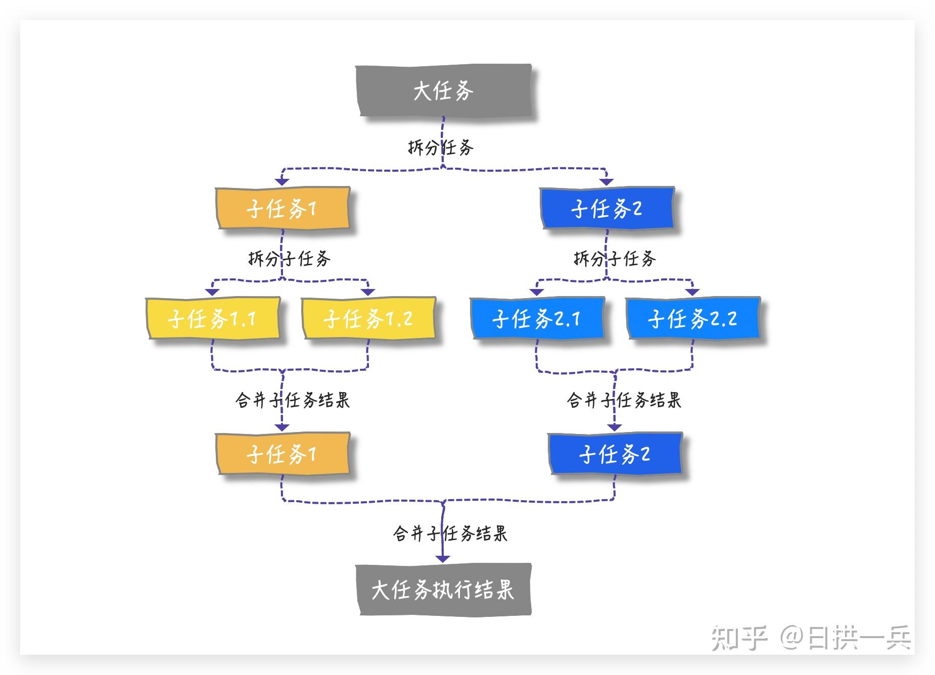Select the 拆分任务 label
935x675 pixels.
click(x=440, y=148)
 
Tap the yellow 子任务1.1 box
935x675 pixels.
click(x=213, y=318)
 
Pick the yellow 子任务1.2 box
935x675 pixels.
click(x=368, y=318)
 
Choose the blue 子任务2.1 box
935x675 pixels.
click(x=537, y=318)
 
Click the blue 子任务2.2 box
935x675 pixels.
click(x=693, y=318)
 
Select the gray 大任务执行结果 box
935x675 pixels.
click(x=443, y=589)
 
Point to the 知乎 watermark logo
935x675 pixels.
click(x=739, y=638)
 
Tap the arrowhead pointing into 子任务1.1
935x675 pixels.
click(x=212, y=292)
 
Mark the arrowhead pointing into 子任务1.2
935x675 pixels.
click(x=368, y=292)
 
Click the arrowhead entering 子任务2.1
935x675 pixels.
click(x=537, y=292)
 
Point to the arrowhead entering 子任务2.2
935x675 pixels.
click(x=692, y=292)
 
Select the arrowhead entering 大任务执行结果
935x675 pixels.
click(x=443, y=558)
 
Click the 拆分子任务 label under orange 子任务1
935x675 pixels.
click(x=289, y=259)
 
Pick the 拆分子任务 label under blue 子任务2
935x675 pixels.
click(x=615, y=259)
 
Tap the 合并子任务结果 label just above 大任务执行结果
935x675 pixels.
click(x=450, y=534)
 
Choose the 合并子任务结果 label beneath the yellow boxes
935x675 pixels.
click(x=292, y=400)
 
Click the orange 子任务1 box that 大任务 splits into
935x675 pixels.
click(x=283, y=208)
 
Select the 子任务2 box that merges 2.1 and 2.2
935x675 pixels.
click(x=615, y=454)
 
